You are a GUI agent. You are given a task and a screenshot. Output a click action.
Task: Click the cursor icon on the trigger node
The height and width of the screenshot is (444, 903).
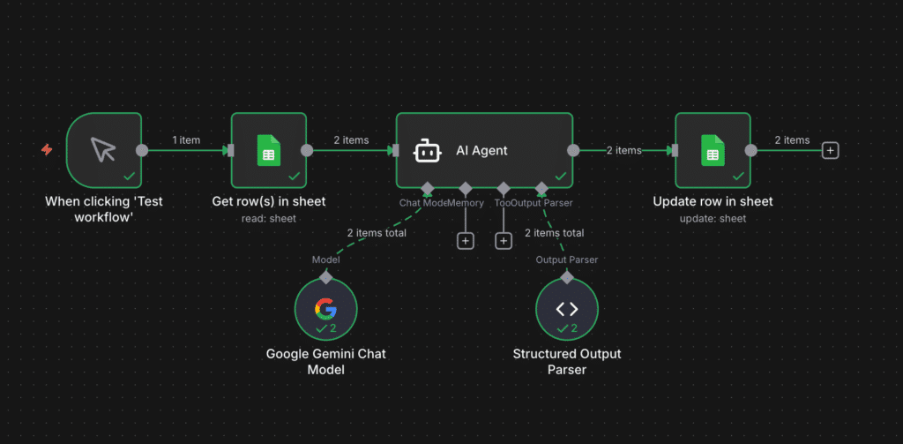pyautogui.click(x=103, y=150)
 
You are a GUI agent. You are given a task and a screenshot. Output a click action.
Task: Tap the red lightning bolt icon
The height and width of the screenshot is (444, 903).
pyautogui.click(x=47, y=150)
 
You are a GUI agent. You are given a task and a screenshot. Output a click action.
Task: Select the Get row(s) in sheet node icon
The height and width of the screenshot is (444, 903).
pyautogui.click(x=268, y=150)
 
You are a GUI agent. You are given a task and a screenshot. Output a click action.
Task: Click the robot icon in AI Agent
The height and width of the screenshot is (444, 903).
pyautogui.click(x=428, y=151)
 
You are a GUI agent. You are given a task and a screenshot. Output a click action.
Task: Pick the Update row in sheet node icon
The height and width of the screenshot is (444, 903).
pyautogui.click(x=713, y=150)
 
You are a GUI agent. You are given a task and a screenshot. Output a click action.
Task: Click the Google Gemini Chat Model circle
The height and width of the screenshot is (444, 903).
pyautogui.click(x=325, y=310)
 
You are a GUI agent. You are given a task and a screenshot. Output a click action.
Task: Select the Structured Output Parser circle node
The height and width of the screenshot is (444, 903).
pyautogui.click(x=567, y=310)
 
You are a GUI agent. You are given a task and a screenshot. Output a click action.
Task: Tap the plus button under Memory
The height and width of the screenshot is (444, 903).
pyautogui.click(x=466, y=240)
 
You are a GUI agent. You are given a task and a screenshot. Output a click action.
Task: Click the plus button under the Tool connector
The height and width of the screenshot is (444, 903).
pyautogui.click(x=504, y=240)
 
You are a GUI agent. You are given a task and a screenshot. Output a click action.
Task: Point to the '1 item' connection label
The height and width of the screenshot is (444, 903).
pyautogui.click(x=186, y=140)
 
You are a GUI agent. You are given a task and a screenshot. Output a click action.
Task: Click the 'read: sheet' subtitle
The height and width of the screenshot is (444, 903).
pyautogui.click(x=268, y=218)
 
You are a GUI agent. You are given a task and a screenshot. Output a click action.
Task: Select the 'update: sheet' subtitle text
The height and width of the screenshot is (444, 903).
pyautogui.click(x=713, y=218)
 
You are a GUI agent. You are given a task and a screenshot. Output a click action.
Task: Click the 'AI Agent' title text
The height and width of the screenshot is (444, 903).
pyautogui.click(x=481, y=151)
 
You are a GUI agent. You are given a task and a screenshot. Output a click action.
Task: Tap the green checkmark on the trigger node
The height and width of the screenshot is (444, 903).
pyautogui.click(x=129, y=176)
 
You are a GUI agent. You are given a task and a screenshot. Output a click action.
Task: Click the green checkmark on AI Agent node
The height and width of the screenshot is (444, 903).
pyautogui.click(x=560, y=176)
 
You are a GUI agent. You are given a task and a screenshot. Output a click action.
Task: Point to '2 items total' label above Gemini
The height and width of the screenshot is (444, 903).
pyautogui.click(x=377, y=233)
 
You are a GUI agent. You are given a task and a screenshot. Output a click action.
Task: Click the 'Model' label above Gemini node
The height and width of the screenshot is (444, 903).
pyautogui.click(x=325, y=260)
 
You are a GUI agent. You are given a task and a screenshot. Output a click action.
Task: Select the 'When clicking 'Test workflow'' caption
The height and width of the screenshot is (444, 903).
pyautogui.click(x=104, y=209)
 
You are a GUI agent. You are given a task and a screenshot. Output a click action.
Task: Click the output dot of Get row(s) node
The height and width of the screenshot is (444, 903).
pyautogui.click(x=307, y=150)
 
